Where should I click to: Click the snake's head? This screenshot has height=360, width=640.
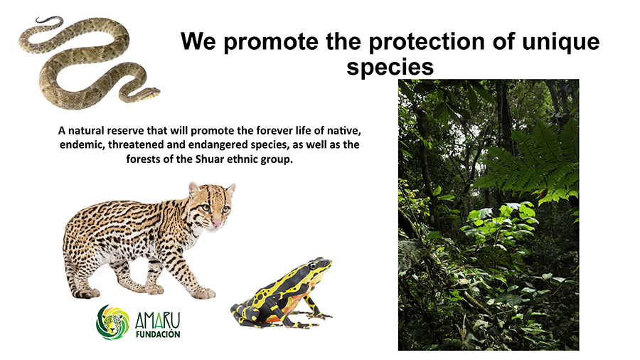tap(150, 93)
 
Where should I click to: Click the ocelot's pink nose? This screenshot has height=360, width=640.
tap(216, 223)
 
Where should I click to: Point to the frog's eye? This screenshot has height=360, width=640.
tap(312, 266)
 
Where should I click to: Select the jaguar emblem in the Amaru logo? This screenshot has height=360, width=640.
tap(112, 322)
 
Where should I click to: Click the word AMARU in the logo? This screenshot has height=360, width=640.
tap(158, 320)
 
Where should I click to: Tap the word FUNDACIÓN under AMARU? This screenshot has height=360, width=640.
tap(158, 334)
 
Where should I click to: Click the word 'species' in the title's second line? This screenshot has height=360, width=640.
tap(390, 68)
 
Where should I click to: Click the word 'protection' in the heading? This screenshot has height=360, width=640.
tap(427, 42)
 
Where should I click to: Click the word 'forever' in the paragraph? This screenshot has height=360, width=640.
tap(274, 131)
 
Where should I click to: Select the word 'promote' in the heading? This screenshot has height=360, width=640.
tap(271, 43)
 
